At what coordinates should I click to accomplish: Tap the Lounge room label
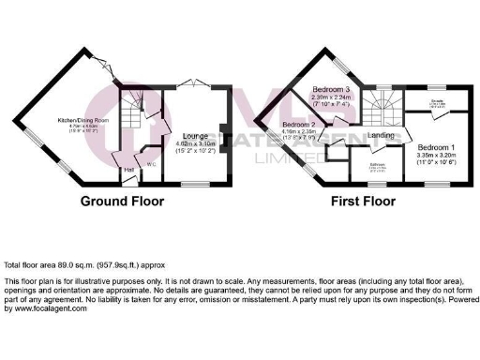184,135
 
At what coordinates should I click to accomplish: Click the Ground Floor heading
122,202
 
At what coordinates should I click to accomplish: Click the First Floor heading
365,202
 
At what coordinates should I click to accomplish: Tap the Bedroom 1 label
438,148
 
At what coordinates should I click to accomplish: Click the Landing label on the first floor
381,137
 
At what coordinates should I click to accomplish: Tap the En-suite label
438,102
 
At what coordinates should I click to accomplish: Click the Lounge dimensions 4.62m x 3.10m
184,143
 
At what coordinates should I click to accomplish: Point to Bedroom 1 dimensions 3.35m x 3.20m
438,157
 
